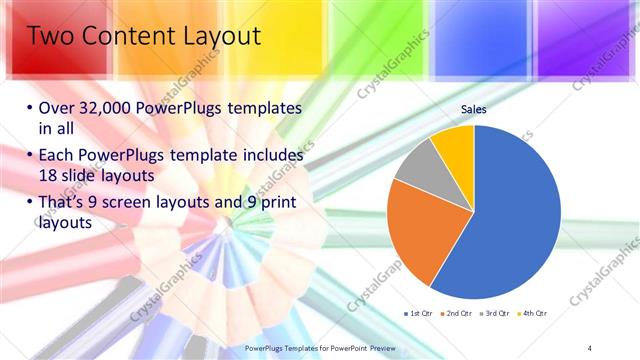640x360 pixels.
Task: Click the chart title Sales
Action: point(473,110)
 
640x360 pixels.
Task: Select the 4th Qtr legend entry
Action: point(535,314)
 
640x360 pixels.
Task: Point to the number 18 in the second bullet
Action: point(47,175)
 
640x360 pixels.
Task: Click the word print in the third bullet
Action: point(277,204)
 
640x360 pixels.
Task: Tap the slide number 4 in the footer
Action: point(591,347)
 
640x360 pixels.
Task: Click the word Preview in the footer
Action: point(375,347)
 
